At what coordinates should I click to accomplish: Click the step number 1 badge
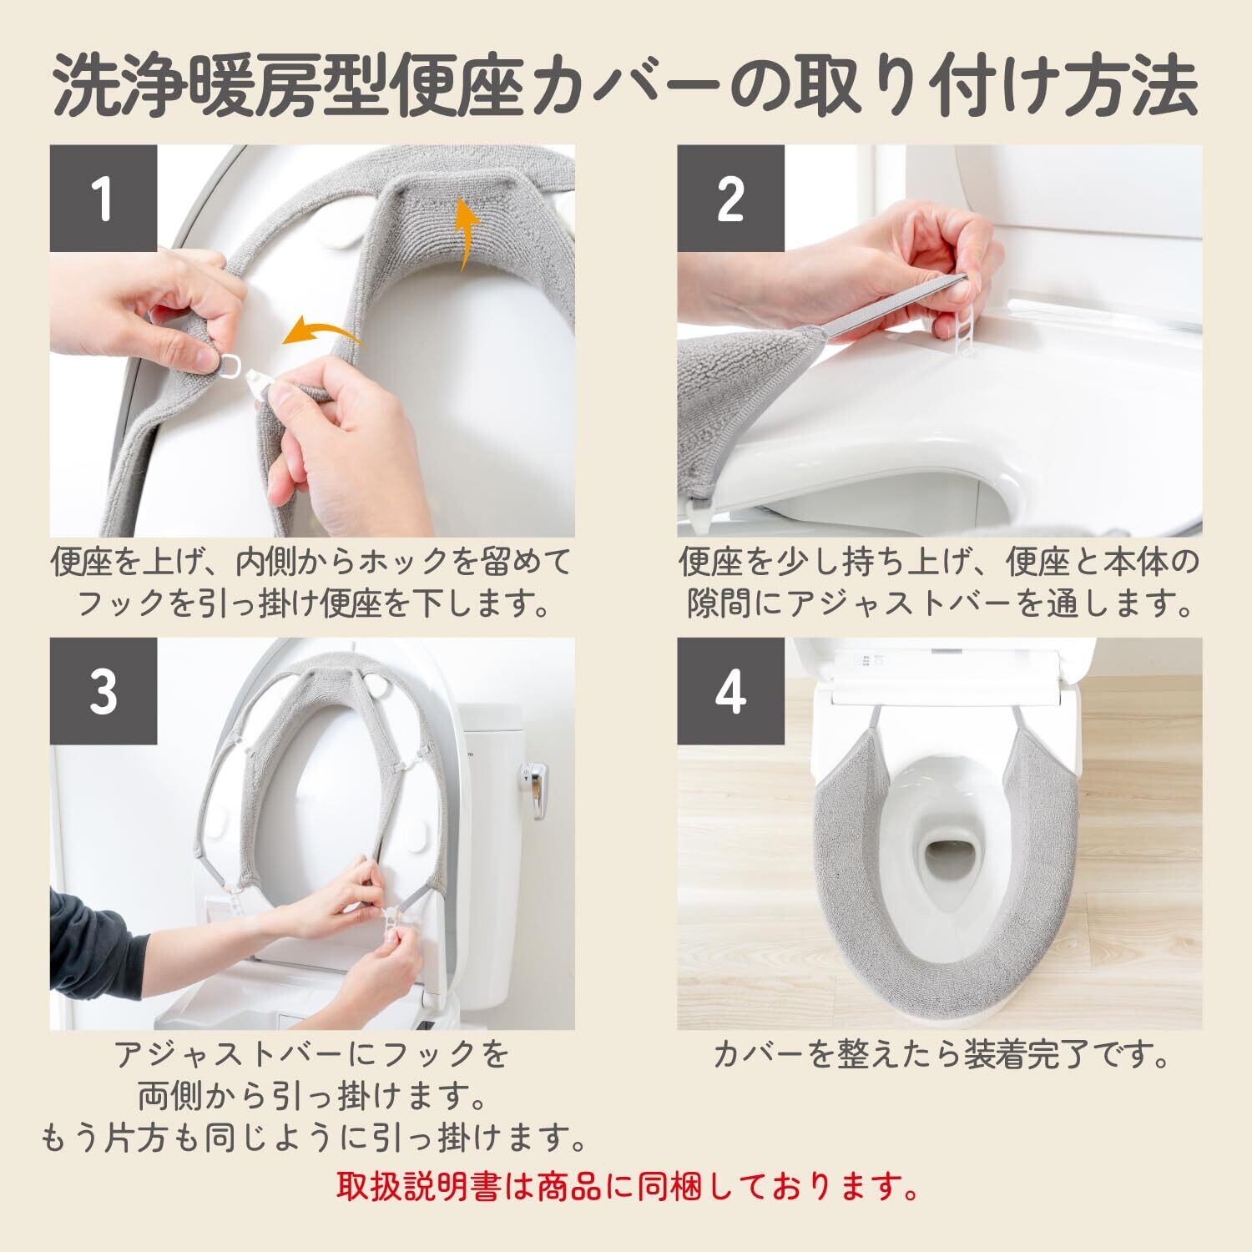[x=103, y=199]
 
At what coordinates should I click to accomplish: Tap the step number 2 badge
[x=730, y=199]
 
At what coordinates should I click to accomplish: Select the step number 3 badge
[x=103, y=691]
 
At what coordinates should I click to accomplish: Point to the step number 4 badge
[x=730, y=691]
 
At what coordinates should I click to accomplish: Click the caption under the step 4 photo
[x=940, y=1056]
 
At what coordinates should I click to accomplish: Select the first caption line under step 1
[x=312, y=561]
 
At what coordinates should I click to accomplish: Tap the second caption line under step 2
[x=940, y=603]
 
